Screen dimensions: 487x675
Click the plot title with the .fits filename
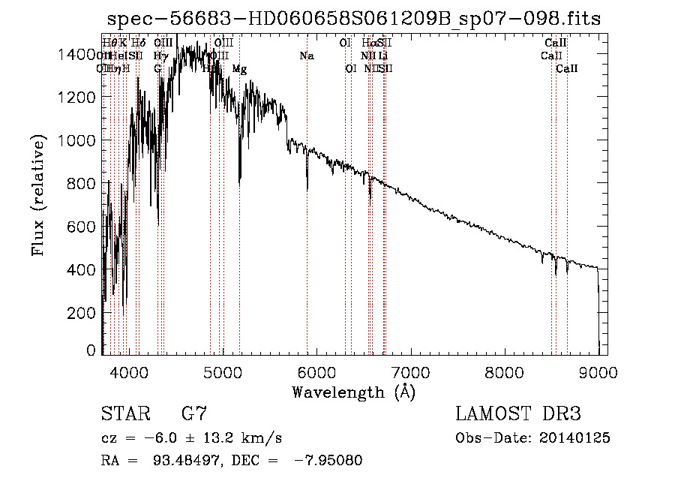[354, 19]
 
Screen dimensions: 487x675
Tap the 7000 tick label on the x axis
[410, 371]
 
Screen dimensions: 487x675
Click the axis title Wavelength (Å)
[353, 392]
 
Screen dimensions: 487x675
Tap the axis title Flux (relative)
[39, 195]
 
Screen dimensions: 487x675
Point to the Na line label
[306, 56]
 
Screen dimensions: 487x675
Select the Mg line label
[239, 69]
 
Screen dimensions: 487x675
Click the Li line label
[383, 56]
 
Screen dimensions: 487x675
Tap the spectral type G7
[193, 413]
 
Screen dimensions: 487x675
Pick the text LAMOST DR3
[518, 413]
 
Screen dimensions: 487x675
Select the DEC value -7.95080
[326, 461]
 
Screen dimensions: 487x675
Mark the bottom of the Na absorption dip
[307, 190]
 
